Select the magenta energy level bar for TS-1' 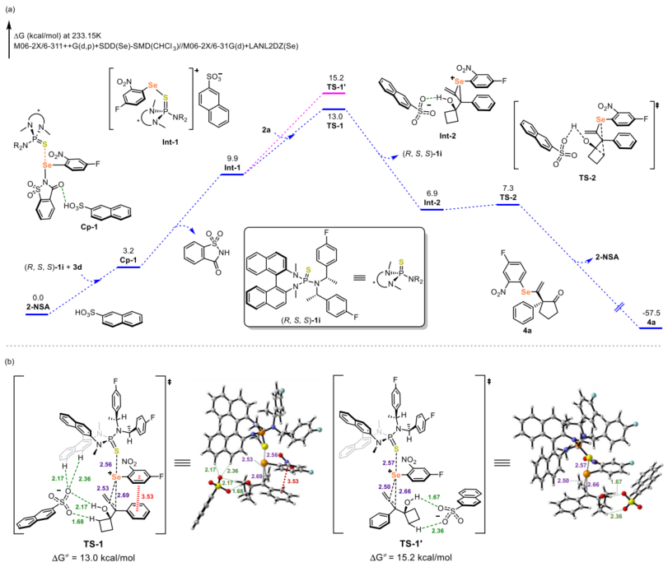(334, 92)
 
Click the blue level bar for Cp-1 (128, 266)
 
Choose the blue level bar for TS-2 (507, 205)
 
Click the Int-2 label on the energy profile (433, 201)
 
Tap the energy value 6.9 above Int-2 (434, 192)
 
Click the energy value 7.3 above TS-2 (507, 188)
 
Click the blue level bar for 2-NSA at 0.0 (37, 314)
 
